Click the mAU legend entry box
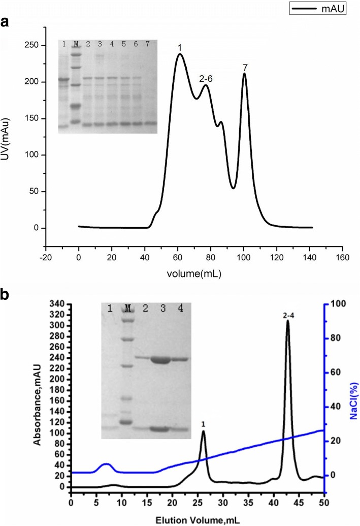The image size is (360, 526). coord(318,9)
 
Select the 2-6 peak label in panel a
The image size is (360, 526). coord(205,78)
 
